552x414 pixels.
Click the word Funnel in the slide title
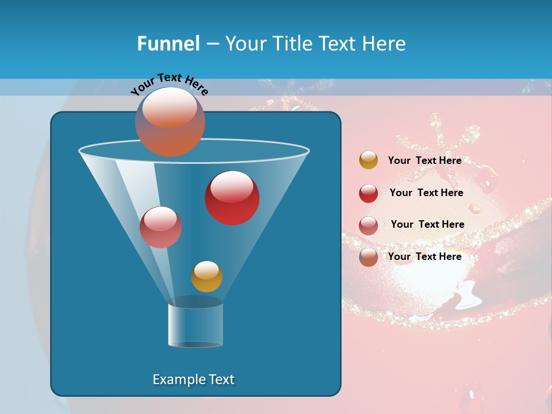click(x=168, y=44)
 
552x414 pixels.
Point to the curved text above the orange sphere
click(x=169, y=84)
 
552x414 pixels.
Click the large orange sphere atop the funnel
click(x=170, y=122)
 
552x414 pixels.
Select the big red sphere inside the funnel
click(x=232, y=198)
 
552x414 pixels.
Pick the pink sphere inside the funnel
click(x=160, y=227)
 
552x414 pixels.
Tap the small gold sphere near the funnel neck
click(x=206, y=277)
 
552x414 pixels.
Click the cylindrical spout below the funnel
click(x=195, y=325)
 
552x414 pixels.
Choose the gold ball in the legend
click(x=369, y=160)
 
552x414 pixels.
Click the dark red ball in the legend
click(x=369, y=193)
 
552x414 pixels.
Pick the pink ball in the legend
click(x=369, y=225)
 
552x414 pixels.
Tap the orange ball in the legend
click(x=369, y=257)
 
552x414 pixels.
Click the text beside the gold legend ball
click(x=424, y=161)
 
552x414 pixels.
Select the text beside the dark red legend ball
click(x=426, y=193)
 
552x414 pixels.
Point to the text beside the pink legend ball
click(x=427, y=225)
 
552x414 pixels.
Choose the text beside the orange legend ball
click(x=424, y=256)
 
